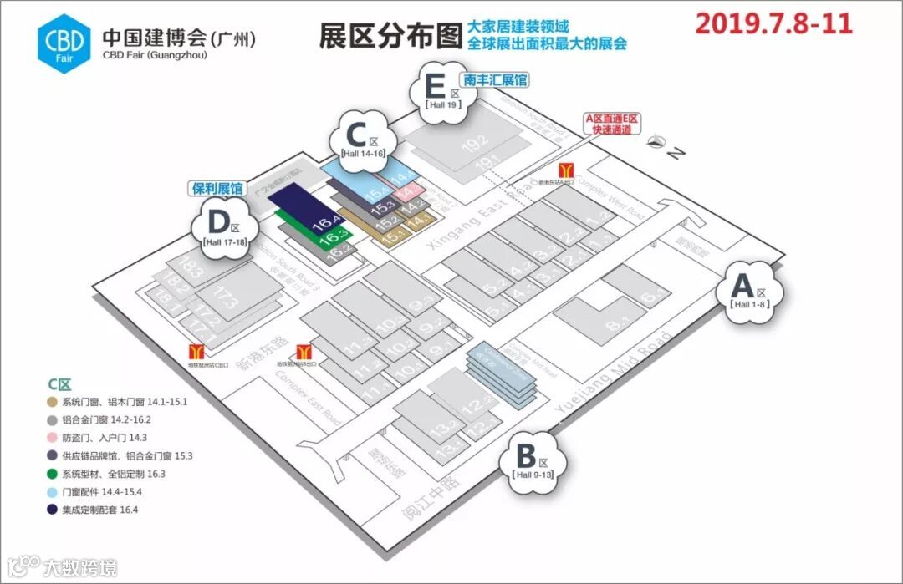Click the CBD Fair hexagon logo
(x=64, y=38)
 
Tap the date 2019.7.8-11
(x=773, y=23)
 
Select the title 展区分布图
(x=390, y=35)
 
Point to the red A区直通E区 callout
(x=611, y=124)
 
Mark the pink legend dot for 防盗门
(x=53, y=437)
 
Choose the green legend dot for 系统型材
(x=53, y=473)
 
